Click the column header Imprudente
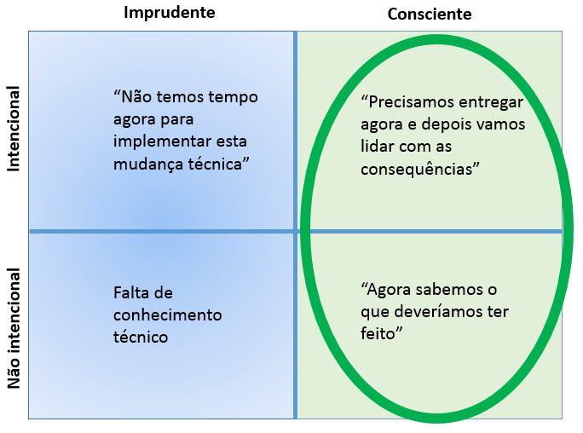click(169, 13)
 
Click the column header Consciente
click(430, 14)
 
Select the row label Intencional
click(14, 129)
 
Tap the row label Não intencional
click(14, 329)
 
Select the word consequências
click(418, 169)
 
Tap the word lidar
click(378, 147)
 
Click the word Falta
click(132, 293)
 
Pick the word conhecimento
click(167, 315)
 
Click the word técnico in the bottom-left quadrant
click(140, 337)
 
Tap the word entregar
click(494, 102)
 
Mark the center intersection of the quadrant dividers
click(296, 231)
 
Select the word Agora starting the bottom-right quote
click(388, 291)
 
